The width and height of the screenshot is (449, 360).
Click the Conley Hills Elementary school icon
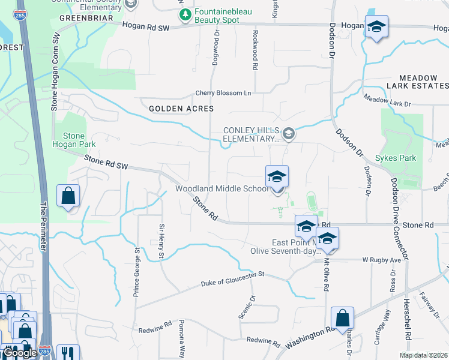pos(289,133)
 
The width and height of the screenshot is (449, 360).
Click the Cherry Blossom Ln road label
pos(223,93)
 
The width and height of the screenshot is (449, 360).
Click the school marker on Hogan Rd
pos(376,26)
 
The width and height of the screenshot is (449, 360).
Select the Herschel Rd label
pos(406,328)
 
